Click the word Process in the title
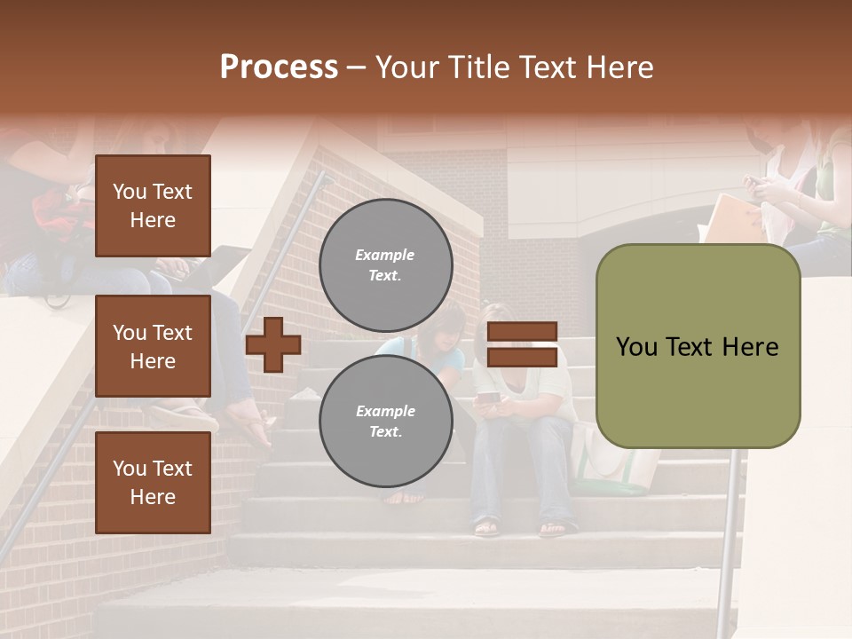coord(279,67)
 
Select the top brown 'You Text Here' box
coord(153,206)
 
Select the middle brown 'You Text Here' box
coord(153,346)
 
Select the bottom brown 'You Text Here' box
coord(153,483)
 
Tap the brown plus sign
coord(272,345)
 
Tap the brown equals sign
coord(522,344)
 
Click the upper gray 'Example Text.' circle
coord(385,265)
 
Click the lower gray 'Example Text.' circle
coord(385,422)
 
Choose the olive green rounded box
coord(698,346)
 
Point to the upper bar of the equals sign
coord(522,332)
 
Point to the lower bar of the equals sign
coord(522,357)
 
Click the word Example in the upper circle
coord(384,256)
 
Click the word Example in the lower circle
coord(385,412)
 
